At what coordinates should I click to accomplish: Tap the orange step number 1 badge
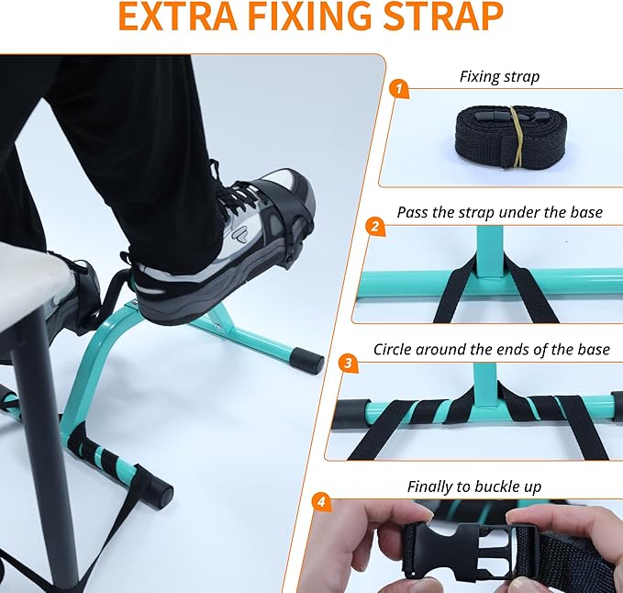click(x=397, y=89)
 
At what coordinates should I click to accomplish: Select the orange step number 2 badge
click(x=373, y=225)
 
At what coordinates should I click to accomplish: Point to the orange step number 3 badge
click(x=348, y=362)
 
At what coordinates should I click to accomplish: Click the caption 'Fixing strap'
click(x=499, y=77)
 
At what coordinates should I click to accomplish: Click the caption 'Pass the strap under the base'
click(x=499, y=213)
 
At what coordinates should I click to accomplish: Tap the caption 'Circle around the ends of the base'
click(x=491, y=350)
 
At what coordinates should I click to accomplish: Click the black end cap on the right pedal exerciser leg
click(x=309, y=359)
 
